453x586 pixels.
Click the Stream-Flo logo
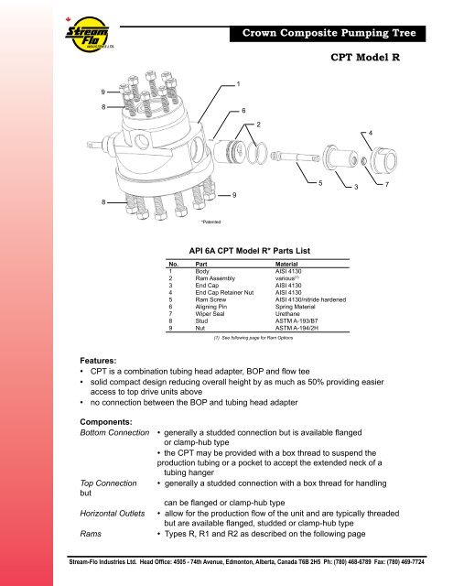31,36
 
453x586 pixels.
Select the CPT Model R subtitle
370,57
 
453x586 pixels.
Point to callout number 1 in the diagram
239,85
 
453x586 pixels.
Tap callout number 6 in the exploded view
243,110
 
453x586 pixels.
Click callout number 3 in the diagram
355,188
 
